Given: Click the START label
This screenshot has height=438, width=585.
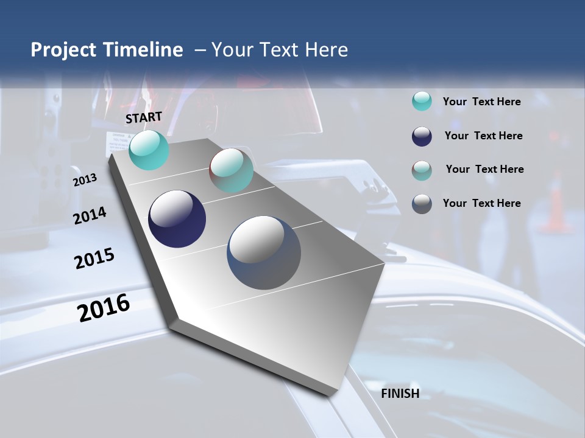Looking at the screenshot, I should [144, 117].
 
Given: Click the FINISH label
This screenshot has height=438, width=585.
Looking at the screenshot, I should [400, 394].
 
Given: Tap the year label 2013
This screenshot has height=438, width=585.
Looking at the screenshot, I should [85, 180].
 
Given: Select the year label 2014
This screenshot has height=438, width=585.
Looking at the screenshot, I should [90, 215].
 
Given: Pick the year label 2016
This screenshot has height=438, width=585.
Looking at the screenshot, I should [104, 307].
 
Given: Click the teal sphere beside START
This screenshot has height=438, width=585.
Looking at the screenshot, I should [149, 150].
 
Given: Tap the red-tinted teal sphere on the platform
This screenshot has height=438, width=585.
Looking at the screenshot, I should [231, 170].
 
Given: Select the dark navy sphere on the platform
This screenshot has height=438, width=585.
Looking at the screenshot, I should [177, 219].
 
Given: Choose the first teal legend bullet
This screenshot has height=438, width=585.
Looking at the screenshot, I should [422, 102].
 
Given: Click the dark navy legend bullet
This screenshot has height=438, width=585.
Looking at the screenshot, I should [422, 136].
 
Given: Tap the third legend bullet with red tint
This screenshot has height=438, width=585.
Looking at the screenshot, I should [422, 170].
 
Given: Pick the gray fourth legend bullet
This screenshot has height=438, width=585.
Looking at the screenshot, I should [422, 204].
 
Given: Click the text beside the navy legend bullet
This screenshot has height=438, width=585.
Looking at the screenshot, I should [483, 136].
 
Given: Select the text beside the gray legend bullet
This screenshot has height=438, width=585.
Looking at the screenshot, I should [481, 203].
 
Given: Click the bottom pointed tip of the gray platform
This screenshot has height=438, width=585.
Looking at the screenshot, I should [329, 394].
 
